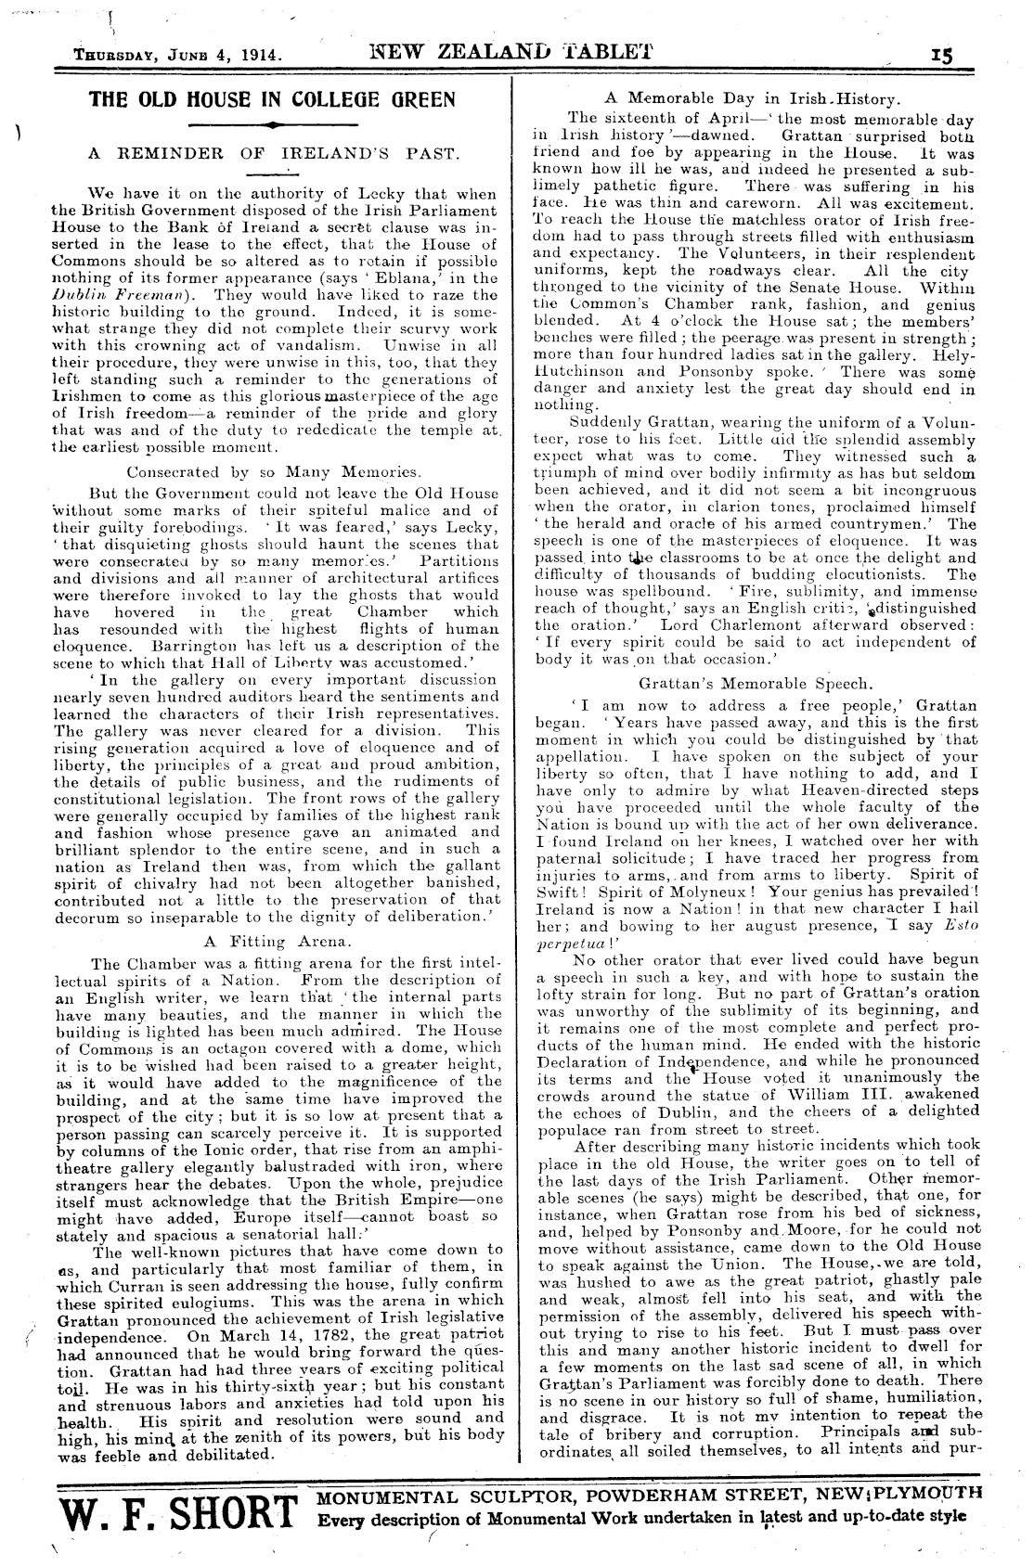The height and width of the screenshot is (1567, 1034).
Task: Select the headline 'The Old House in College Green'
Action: pos(272,99)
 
